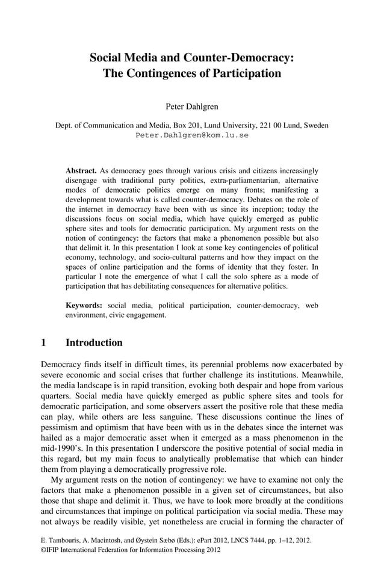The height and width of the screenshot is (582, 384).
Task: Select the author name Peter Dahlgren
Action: [192, 107]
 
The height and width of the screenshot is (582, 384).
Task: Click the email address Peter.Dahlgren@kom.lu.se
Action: [192, 135]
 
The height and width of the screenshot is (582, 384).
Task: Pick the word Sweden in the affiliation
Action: [316, 126]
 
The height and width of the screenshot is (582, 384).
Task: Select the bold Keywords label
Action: [84, 306]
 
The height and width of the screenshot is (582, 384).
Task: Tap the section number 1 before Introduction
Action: [43, 343]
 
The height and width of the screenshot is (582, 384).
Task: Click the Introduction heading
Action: [94, 343]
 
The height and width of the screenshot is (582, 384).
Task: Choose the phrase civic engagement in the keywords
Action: [136, 315]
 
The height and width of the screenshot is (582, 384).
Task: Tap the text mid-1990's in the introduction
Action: [60, 448]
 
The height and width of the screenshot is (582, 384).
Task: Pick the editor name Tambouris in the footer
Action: [67, 540]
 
